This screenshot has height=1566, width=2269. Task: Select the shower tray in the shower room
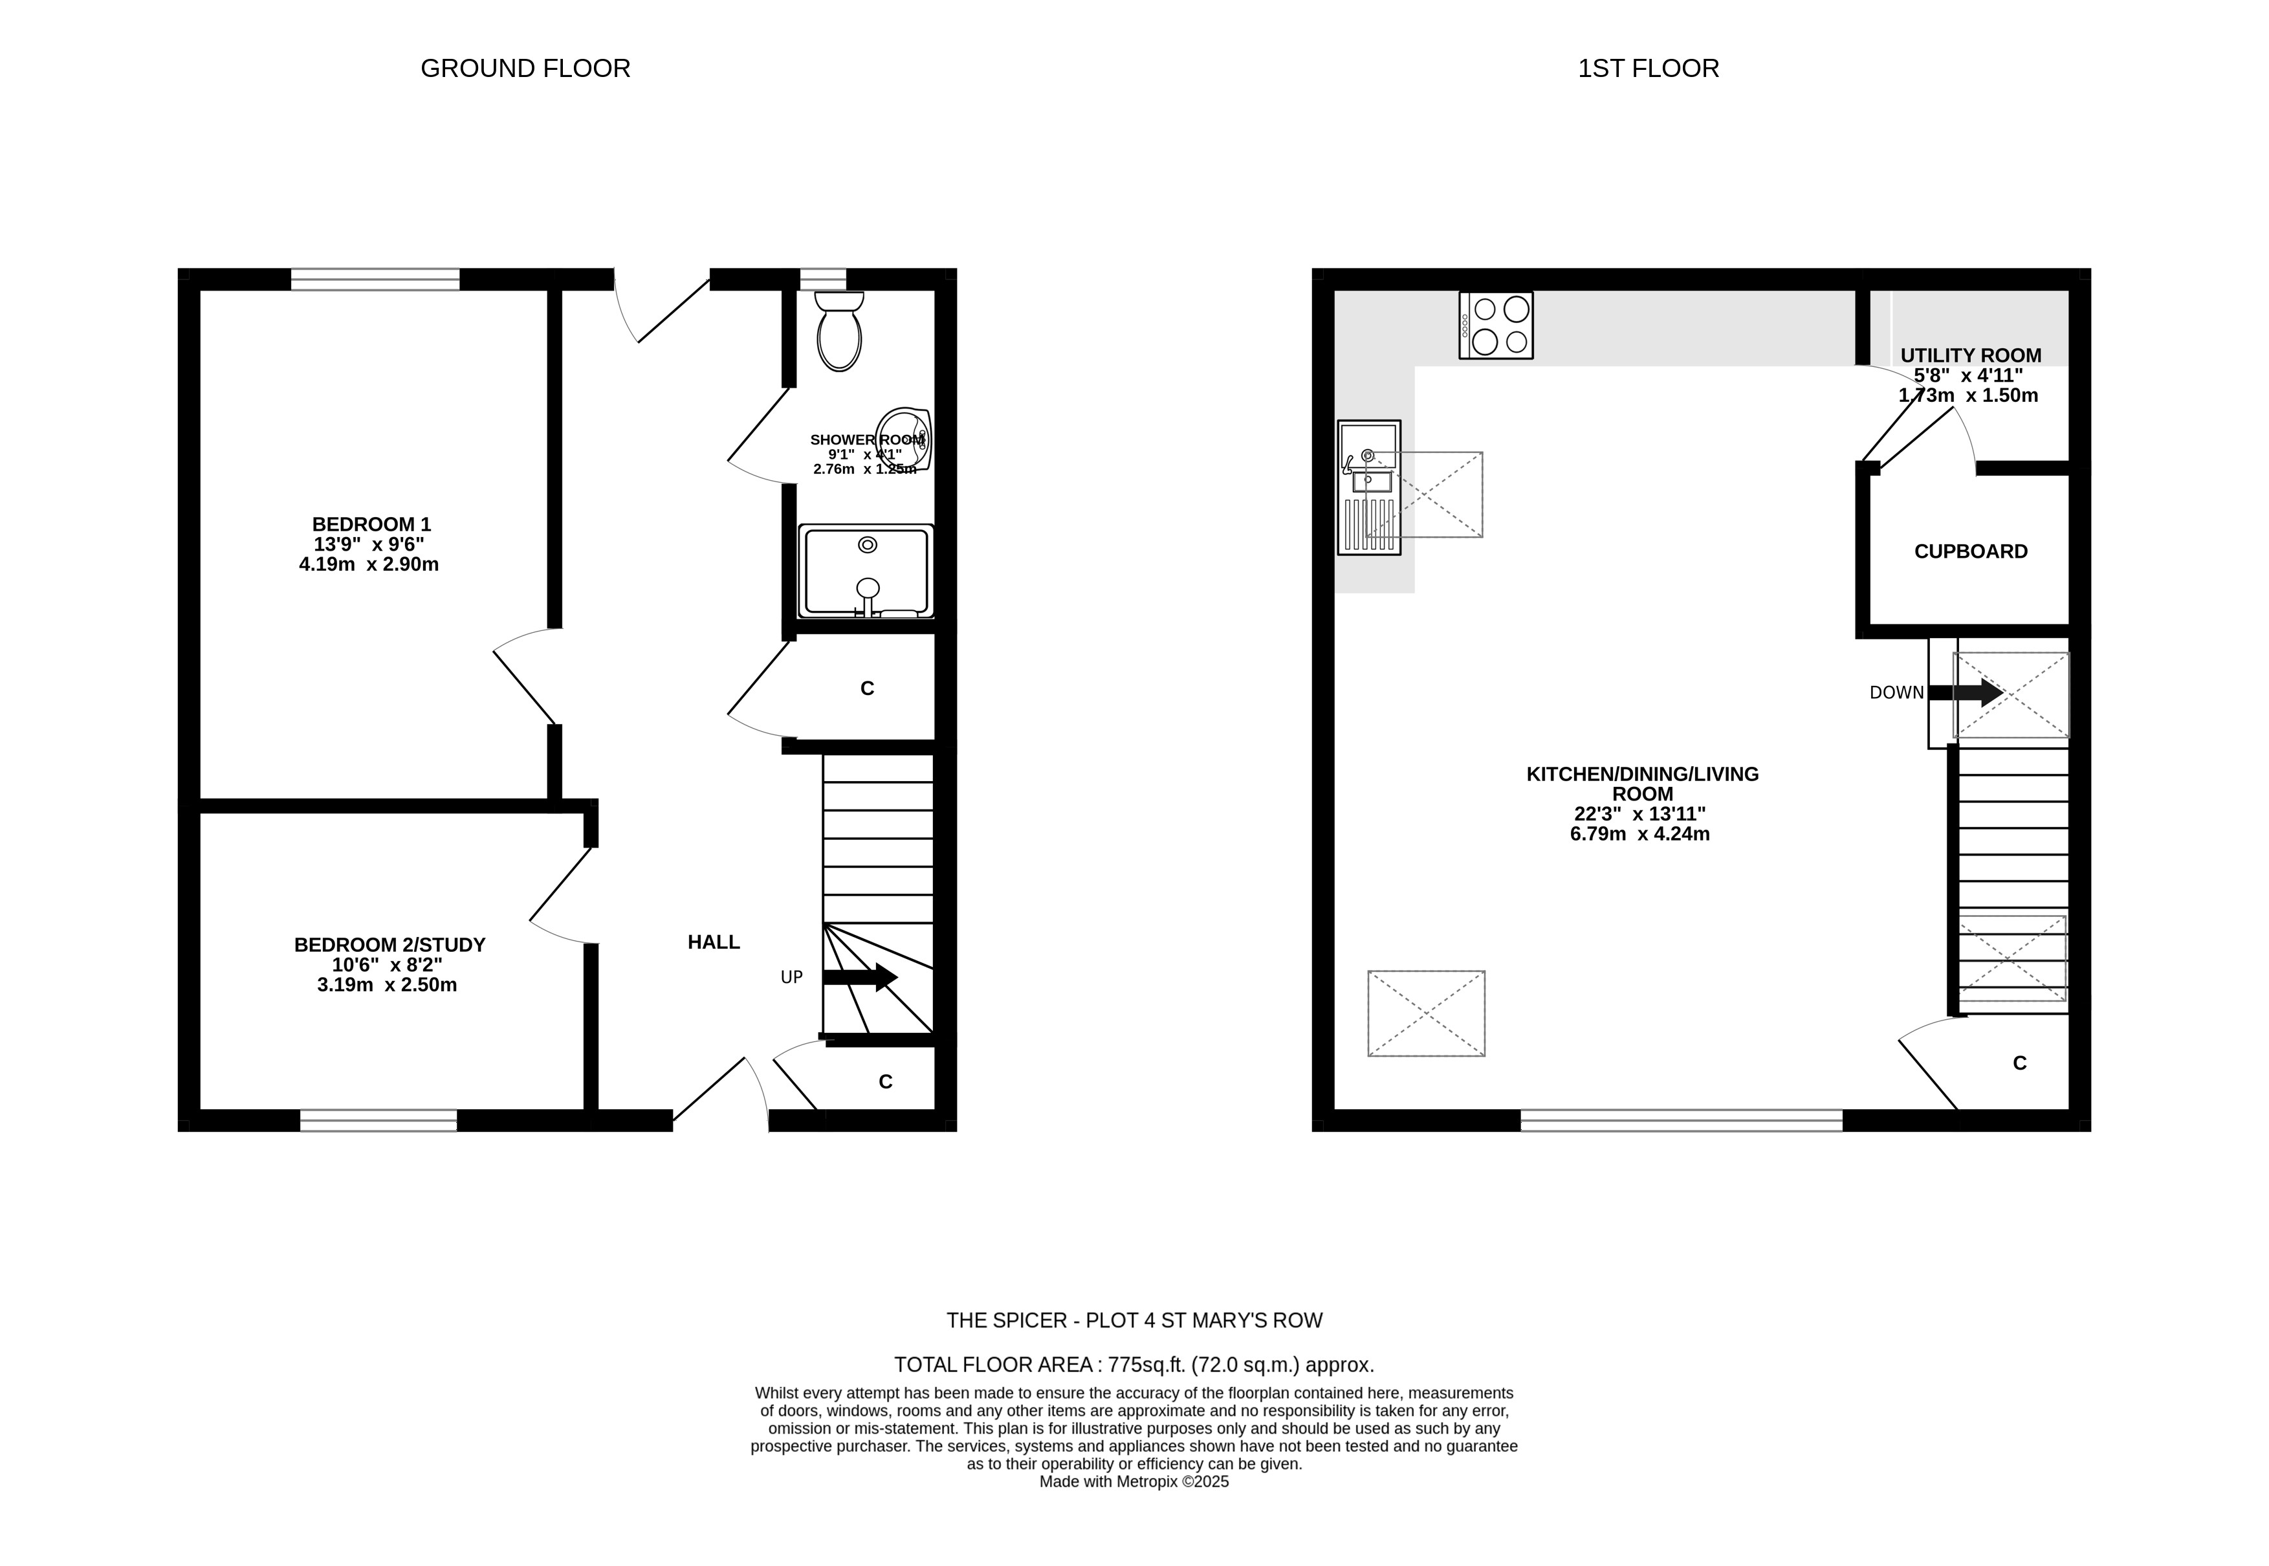click(865, 571)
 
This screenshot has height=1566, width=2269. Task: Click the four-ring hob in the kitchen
click(1496, 325)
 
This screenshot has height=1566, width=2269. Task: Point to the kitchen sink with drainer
click(1368, 488)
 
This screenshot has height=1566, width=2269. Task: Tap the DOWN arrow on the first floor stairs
click(1966, 693)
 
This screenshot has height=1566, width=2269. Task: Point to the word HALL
click(713, 942)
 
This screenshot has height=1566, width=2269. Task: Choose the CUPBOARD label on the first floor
click(1971, 551)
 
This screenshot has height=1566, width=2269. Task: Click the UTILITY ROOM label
click(1971, 355)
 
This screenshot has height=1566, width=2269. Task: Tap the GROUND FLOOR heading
click(525, 69)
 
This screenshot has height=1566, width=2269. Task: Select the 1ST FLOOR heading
click(1648, 69)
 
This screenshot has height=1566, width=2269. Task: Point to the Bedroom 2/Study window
click(378, 1121)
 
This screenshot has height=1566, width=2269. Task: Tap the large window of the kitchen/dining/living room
click(1682, 1121)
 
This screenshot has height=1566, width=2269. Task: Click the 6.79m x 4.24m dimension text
click(1640, 834)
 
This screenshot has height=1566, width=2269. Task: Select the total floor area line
click(1134, 1365)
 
